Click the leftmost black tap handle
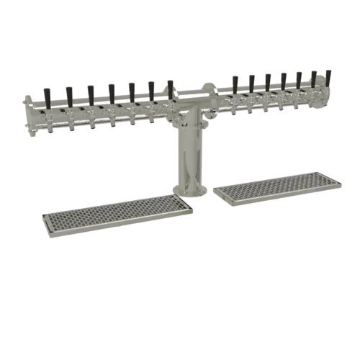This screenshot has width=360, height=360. click(47, 96)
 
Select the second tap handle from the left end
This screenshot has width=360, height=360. click(68, 94)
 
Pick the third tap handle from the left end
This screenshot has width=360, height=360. click(91, 91)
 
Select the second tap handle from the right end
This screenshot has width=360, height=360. click(314, 78)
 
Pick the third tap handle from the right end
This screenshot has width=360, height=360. click(298, 78)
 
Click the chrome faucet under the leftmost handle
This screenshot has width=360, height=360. click(48, 120)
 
